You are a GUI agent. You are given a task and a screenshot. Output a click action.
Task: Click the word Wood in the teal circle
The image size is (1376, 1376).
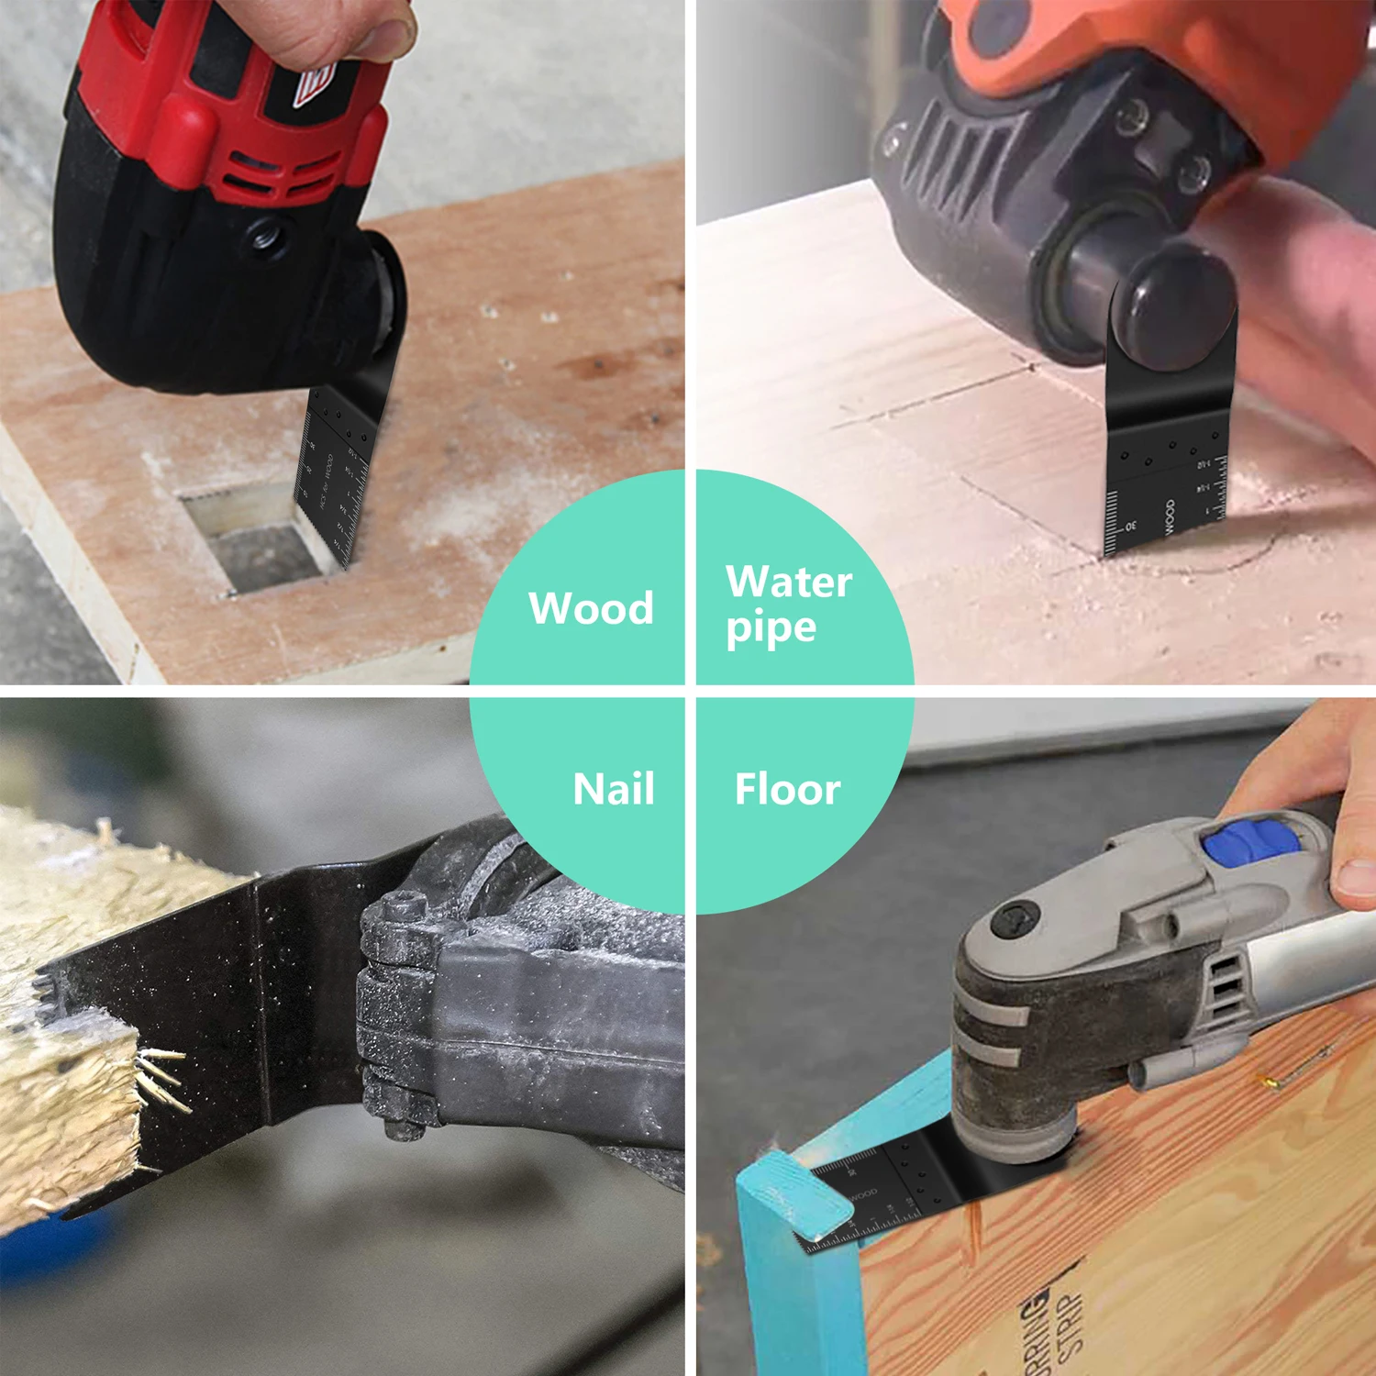point(591,608)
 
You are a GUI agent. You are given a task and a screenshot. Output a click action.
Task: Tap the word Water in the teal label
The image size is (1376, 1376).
point(789,582)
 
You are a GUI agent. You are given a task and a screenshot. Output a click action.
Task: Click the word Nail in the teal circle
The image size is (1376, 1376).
point(614,789)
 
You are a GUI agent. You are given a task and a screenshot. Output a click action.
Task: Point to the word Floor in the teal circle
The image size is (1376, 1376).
point(787,790)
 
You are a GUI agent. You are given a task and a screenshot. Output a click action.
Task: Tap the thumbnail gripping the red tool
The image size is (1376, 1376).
point(384,37)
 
